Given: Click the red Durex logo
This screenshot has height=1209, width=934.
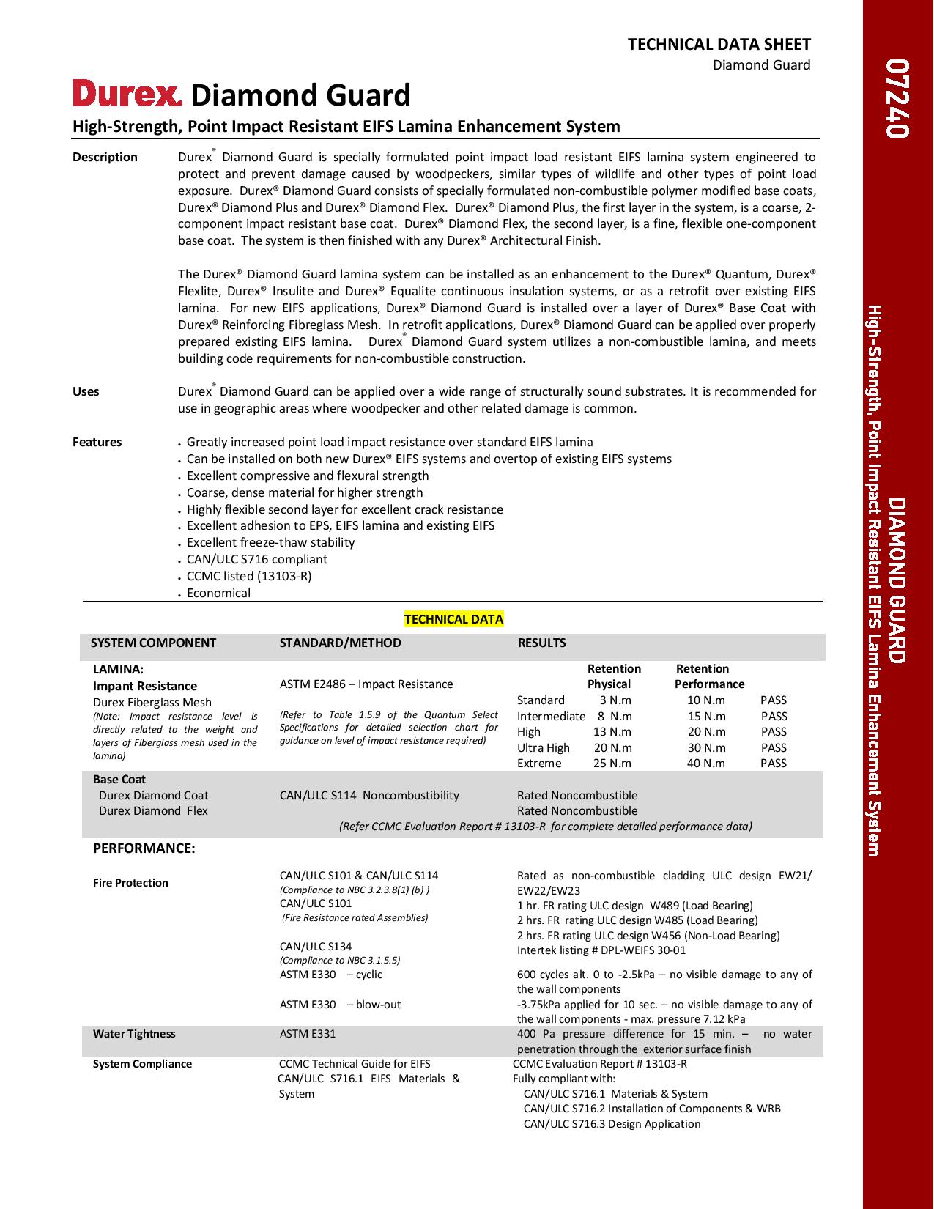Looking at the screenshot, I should (x=127, y=94).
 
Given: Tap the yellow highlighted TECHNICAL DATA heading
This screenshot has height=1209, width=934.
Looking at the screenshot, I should (x=453, y=619).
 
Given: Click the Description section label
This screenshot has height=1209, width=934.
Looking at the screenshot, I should (x=105, y=157).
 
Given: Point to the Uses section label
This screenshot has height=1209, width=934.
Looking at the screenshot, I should (x=86, y=391).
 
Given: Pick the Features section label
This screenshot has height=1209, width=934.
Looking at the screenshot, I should (x=97, y=442).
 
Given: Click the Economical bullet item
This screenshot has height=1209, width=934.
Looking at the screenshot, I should (x=218, y=593).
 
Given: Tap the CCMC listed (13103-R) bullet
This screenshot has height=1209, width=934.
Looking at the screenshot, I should (x=249, y=576).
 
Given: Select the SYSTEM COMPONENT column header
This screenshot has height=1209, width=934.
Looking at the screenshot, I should (x=153, y=643).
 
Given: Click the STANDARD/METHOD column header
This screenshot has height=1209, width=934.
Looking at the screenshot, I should (x=340, y=643).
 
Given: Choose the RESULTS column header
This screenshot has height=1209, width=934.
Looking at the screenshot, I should (x=541, y=643).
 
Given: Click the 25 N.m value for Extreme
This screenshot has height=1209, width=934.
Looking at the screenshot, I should (x=612, y=763).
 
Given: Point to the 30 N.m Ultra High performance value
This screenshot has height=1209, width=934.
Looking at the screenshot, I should (x=706, y=747).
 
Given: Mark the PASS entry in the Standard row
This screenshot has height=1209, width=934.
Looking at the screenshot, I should (x=774, y=700).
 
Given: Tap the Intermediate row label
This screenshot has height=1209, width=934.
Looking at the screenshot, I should (x=551, y=716).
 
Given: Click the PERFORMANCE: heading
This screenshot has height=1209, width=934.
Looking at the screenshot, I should (x=144, y=848).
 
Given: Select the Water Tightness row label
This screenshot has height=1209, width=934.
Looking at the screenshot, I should (x=134, y=1034).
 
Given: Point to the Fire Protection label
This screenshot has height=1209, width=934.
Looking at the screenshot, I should (x=130, y=883).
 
